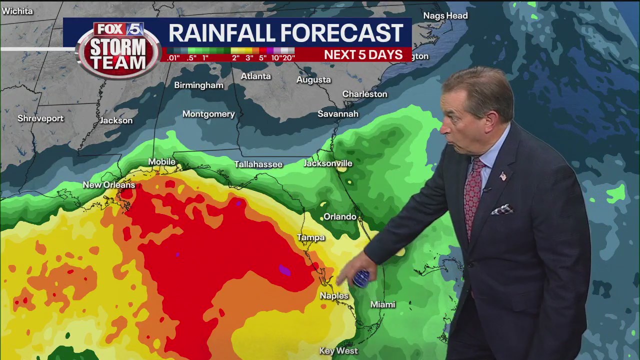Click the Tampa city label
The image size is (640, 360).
(x=311, y=237)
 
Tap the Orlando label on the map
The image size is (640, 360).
(x=340, y=216)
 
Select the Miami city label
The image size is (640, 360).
(x=382, y=304)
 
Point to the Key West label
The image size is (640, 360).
(x=338, y=350)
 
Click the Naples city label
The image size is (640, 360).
(x=334, y=295)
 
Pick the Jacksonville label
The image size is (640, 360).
(x=328, y=163)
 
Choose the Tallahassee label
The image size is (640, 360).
(x=258, y=164)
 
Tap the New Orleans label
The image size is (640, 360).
(x=109, y=185)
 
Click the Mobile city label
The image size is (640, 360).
(x=162, y=161)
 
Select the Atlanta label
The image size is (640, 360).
(x=255, y=76)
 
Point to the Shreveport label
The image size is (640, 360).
(x=40, y=118)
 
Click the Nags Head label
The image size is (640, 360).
(x=445, y=15)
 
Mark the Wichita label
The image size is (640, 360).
(x=17, y=11)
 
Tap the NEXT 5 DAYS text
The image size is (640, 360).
(x=363, y=55)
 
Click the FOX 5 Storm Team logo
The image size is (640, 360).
(x=117, y=50)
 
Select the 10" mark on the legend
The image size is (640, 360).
(x=275, y=58)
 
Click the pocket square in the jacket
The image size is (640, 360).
(x=501, y=209)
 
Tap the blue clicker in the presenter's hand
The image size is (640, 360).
(x=361, y=278)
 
